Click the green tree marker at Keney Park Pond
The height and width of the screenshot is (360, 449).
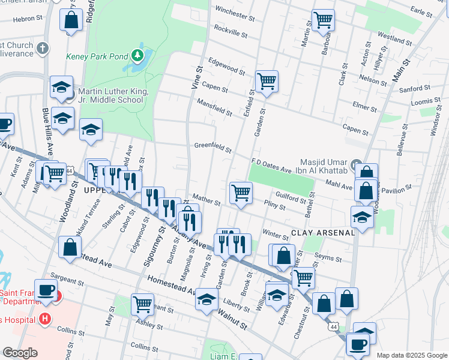click(139, 56)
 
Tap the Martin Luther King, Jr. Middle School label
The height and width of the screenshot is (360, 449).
click(110, 96)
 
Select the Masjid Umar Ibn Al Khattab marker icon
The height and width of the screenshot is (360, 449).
click(356, 163)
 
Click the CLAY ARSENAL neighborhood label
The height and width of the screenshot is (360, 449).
click(323, 232)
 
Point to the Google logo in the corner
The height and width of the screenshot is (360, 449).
click(20, 352)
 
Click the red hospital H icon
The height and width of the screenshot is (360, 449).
click(43, 318)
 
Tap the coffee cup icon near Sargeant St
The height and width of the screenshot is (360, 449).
click(46, 290)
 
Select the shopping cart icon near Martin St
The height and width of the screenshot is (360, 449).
click(323, 20)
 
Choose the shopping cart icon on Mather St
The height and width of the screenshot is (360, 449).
click(241, 193)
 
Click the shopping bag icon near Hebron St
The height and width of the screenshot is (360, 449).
click(71, 20)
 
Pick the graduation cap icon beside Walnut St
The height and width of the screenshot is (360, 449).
click(206, 299)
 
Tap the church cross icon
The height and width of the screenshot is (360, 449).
click(42, 47)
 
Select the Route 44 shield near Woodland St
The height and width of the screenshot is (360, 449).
click(70, 171)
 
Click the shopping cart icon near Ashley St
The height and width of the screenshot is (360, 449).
click(142, 304)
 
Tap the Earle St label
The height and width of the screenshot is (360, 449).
click(421, 11)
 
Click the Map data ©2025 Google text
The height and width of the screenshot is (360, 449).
click(411, 355)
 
